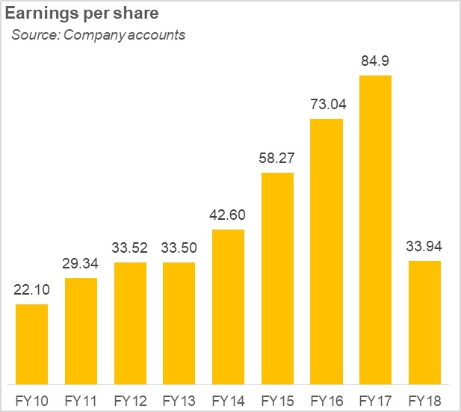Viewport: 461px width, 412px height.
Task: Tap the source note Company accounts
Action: pos(98,35)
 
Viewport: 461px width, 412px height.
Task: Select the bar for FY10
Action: pos(31,343)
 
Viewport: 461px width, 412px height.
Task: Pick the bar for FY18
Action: pos(424,322)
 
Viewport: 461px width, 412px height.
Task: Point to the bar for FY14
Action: pos(228,306)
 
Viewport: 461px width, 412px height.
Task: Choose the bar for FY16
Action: pos(327,250)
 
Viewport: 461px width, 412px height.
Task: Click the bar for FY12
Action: pos(129,322)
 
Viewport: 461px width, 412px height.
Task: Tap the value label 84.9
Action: pos(376,61)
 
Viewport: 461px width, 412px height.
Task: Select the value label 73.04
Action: pos(327,105)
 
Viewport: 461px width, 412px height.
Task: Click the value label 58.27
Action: pos(277,159)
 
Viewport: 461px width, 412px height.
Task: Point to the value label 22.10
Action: pos(31,290)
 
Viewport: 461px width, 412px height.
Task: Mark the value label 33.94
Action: pos(424,247)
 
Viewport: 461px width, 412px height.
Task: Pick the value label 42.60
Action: pos(228,215)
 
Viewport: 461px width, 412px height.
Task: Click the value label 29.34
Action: pos(81,264)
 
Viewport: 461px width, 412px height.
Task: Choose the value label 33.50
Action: pos(179,248)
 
